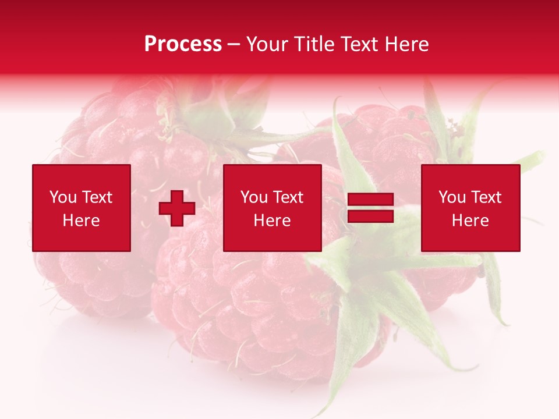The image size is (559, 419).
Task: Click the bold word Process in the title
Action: coord(183,44)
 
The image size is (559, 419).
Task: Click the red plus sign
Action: coord(177,208)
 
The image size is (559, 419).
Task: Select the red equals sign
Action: coord(370,208)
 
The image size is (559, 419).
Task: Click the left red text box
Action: coord(82,208)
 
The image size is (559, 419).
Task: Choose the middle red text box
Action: coord(272,208)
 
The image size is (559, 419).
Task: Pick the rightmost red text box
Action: coord(470,208)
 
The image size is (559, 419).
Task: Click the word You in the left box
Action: coord(63,197)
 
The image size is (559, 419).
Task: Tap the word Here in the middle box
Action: coord(272,221)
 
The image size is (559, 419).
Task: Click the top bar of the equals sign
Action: coord(370,200)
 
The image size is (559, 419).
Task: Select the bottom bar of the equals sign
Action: coord(370,216)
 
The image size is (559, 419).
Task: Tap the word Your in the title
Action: coord(268,44)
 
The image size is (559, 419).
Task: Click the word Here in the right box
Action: coord(470,221)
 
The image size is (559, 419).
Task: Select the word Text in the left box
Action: coord(97,197)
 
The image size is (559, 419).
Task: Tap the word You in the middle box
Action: coord(254,197)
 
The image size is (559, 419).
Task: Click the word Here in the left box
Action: coord(82,221)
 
